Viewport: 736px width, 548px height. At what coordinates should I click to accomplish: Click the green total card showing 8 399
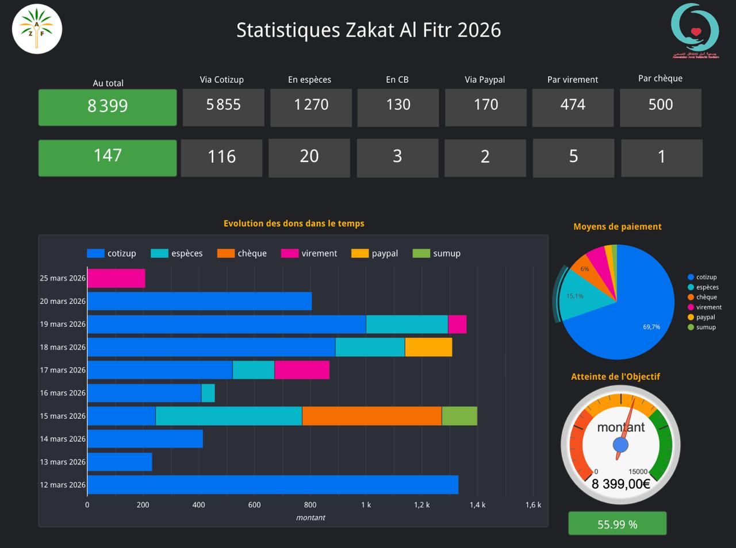pos(108,107)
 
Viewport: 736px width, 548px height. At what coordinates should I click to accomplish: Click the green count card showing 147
pos(108,157)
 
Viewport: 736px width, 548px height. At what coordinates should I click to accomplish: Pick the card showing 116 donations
pos(221,157)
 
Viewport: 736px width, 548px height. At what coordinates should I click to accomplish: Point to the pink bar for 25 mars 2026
pos(116,279)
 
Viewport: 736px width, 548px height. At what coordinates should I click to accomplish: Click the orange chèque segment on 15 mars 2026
pos(371,416)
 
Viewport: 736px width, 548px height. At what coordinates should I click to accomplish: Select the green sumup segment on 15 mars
pos(459,416)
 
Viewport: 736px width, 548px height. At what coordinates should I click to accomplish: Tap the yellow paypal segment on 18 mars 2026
pos(428,347)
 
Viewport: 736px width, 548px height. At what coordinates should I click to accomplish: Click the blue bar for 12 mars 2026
pos(273,485)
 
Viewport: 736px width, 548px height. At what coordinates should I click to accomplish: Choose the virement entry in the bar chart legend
pos(309,253)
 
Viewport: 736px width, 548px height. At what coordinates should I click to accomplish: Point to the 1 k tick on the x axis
pos(366,505)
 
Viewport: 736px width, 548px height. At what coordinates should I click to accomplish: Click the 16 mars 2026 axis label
pos(63,393)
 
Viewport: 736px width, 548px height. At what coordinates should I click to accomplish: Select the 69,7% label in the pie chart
pos(651,327)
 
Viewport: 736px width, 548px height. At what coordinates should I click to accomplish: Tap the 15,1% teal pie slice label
pos(574,296)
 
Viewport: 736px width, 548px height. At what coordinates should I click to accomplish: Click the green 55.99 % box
pos(617,524)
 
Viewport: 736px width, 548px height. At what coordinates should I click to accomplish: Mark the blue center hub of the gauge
pos(620,445)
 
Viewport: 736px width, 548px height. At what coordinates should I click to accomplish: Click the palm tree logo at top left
pos(37,29)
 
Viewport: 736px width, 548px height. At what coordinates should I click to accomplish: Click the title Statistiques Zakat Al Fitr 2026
pos(369,30)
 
